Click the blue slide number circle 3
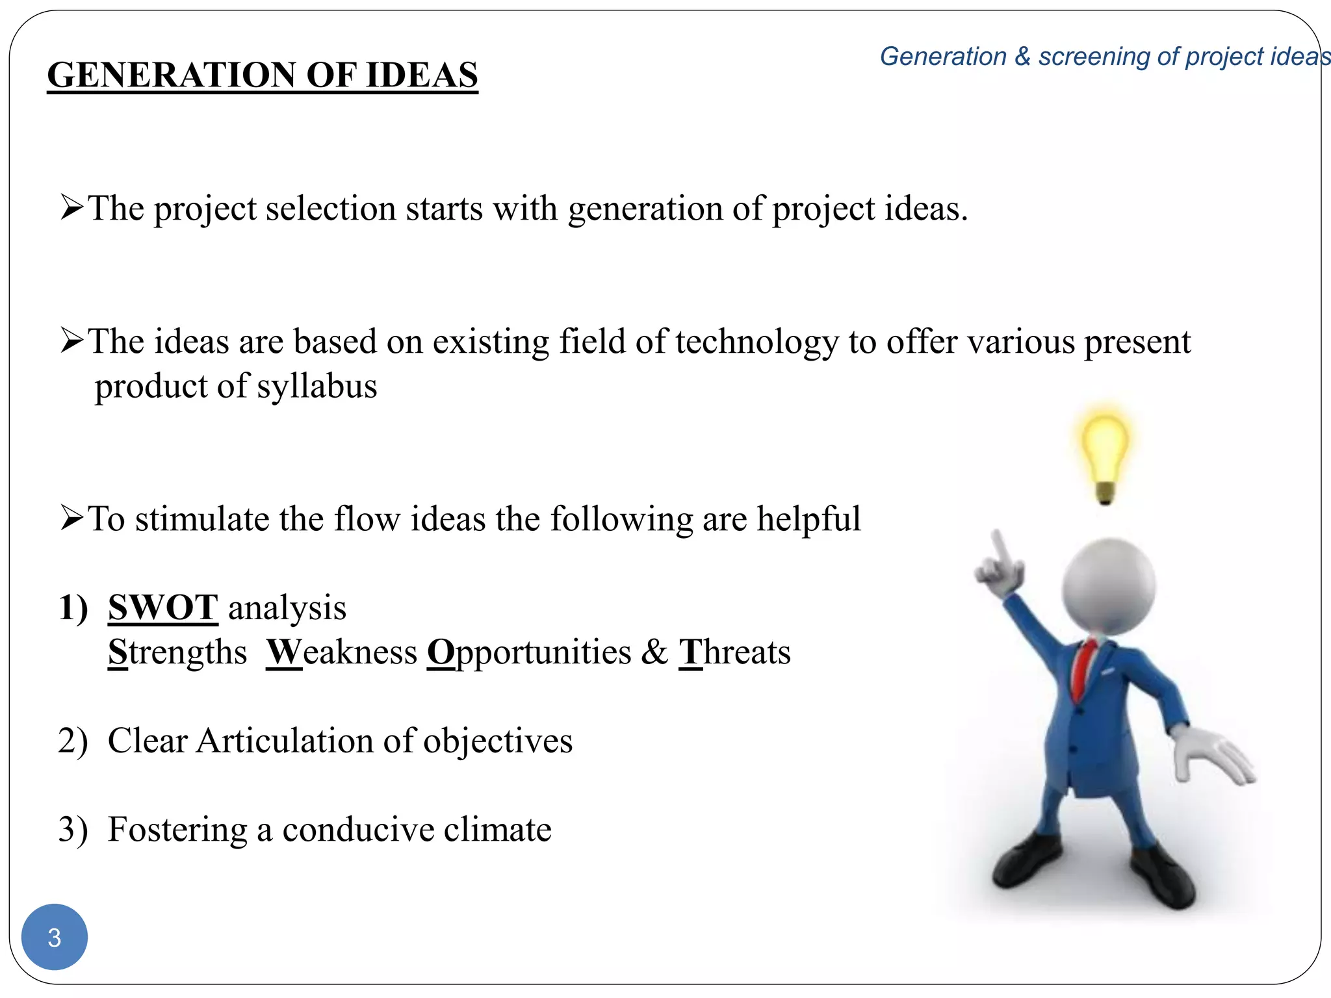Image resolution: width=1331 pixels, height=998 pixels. pyautogui.click(x=55, y=937)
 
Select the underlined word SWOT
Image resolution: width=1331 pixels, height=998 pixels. pyautogui.click(x=162, y=608)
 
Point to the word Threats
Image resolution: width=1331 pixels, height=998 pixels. pyautogui.click(x=735, y=652)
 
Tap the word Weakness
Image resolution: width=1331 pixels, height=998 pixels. pyautogui.click(x=342, y=652)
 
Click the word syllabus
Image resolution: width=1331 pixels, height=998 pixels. pyautogui.click(x=317, y=386)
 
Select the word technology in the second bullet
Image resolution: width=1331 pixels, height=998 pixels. pyautogui.click(x=757, y=342)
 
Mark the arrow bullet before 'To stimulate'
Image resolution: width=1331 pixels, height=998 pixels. pyautogui.click(x=71, y=518)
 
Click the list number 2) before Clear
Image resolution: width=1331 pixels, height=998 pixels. pyautogui.click(x=72, y=741)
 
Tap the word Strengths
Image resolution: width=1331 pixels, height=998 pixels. pyautogui.click(x=177, y=652)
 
